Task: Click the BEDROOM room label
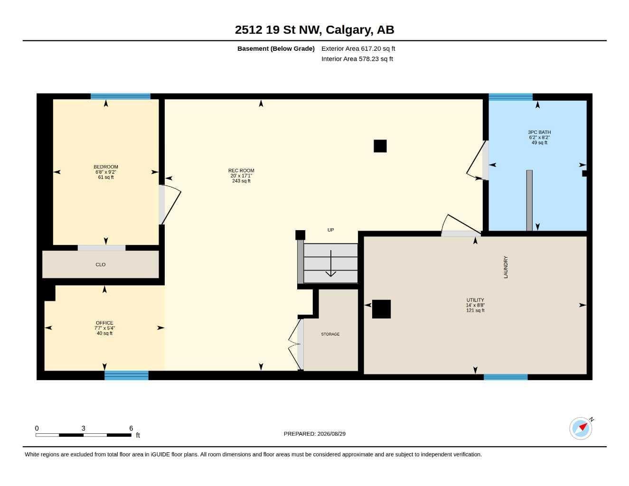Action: [x=106, y=167]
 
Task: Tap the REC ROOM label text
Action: [x=241, y=170]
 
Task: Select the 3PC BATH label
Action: [x=539, y=132]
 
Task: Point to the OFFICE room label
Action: [x=104, y=323]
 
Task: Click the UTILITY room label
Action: [x=475, y=300]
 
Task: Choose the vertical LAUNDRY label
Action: [x=506, y=267]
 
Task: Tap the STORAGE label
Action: [x=330, y=334]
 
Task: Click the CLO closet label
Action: [x=101, y=264]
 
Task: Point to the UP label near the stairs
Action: [x=330, y=230]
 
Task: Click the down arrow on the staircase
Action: [x=330, y=263]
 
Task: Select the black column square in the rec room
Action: [x=380, y=146]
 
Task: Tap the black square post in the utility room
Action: [x=381, y=309]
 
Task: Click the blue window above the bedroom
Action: [x=121, y=96]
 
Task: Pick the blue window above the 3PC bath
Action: [x=511, y=97]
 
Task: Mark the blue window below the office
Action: [x=126, y=375]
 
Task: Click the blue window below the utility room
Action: [x=506, y=377]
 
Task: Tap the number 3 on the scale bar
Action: [x=84, y=428]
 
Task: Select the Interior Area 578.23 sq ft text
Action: [x=357, y=59]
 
